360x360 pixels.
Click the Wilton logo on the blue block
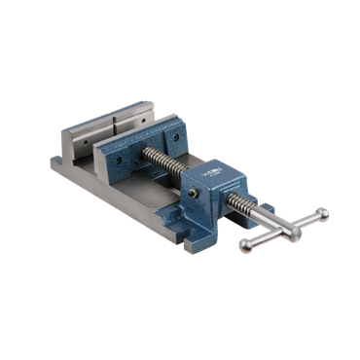[211, 175]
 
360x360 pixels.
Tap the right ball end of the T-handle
[322, 214]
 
